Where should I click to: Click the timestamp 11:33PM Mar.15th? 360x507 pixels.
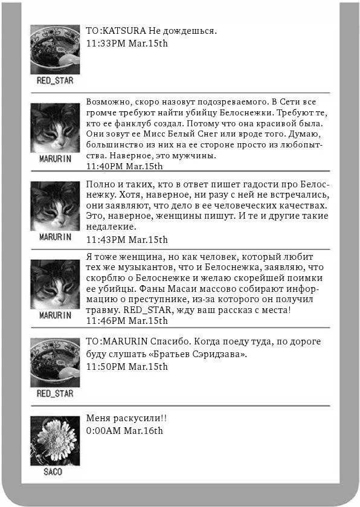pos(127,44)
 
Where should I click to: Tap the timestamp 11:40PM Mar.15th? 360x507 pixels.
pos(124,166)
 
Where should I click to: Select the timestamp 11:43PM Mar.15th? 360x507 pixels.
pos(127,239)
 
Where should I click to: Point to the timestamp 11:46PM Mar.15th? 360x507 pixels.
pos(127,321)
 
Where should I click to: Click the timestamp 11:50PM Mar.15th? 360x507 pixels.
pos(127,366)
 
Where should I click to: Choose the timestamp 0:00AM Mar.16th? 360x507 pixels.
pos(124,431)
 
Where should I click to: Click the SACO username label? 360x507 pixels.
pos(53,472)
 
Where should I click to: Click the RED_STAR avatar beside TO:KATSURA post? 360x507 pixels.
pos(55,49)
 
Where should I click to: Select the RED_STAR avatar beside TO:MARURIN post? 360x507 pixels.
pos(55,363)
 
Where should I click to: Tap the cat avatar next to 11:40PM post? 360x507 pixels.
pos(55,128)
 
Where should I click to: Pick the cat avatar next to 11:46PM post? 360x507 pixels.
pos(55,285)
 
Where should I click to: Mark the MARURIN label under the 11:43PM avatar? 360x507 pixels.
pos(55,237)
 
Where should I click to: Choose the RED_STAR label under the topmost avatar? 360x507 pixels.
pos(55,80)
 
